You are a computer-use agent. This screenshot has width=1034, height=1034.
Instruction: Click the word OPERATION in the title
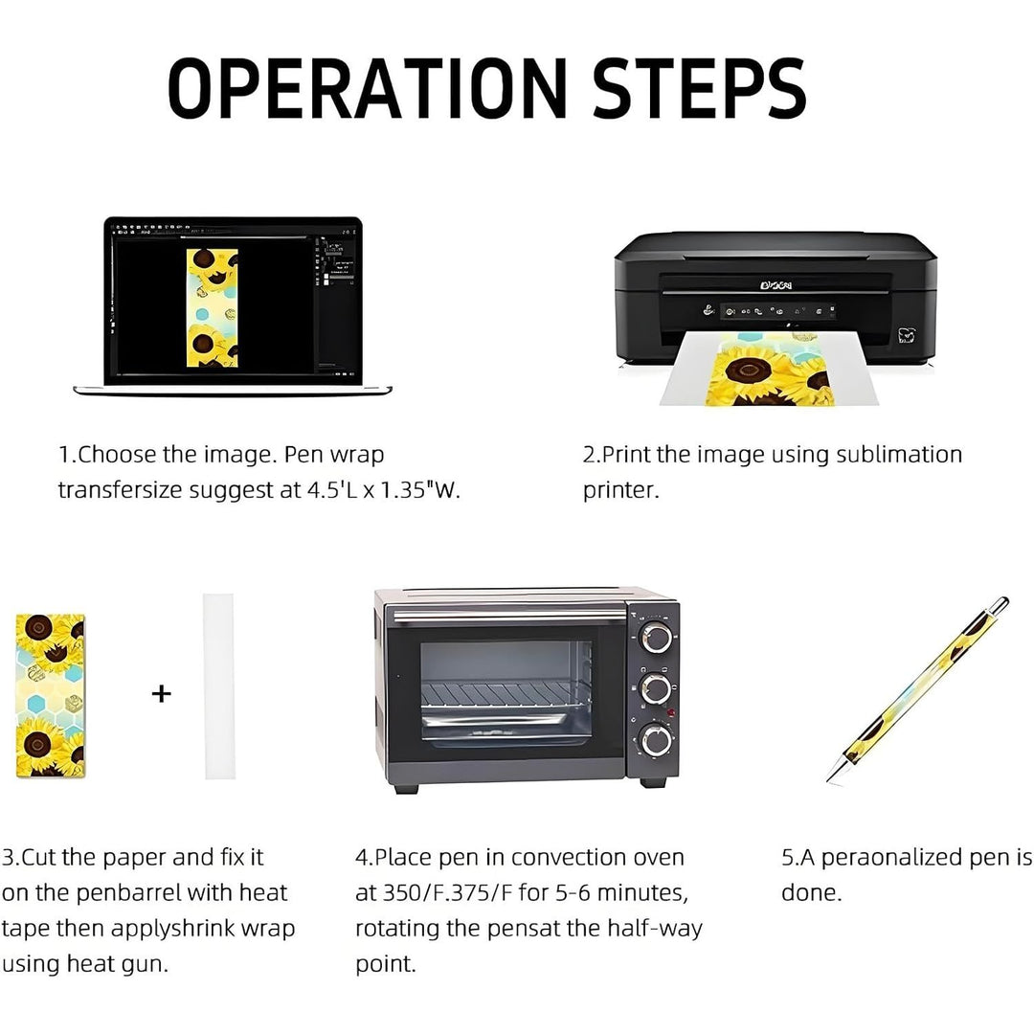(x=368, y=88)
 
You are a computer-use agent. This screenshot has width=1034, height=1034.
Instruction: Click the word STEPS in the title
(x=699, y=88)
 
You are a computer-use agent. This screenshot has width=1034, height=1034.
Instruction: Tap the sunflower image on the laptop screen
(x=213, y=308)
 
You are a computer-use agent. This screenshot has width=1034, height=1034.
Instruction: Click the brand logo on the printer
(x=775, y=285)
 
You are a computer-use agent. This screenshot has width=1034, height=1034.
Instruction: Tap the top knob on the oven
(x=656, y=638)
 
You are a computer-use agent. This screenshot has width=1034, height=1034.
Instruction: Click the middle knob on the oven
(x=656, y=688)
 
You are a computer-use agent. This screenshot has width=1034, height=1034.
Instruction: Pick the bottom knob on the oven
(x=656, y=739)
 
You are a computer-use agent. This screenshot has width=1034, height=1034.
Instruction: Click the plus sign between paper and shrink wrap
(x=162, y=694)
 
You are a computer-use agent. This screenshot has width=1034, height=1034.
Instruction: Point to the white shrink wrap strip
(x=219, y=686)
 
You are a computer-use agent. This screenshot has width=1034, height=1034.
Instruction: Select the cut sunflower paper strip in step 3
(x=51, y=695)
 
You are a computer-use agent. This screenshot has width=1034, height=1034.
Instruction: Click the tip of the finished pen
(x=828, y=783)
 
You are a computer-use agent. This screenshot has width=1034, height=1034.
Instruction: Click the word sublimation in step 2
(x=899, y=455)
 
